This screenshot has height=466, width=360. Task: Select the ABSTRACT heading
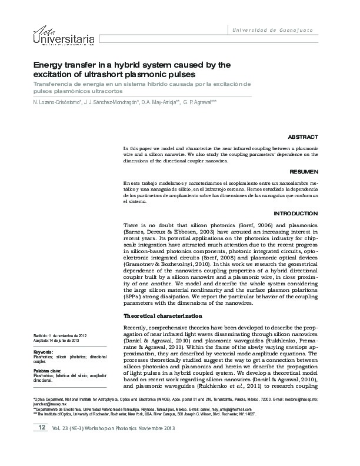(x=303, y=136)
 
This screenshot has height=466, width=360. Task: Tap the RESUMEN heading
(x=304, y=172)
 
